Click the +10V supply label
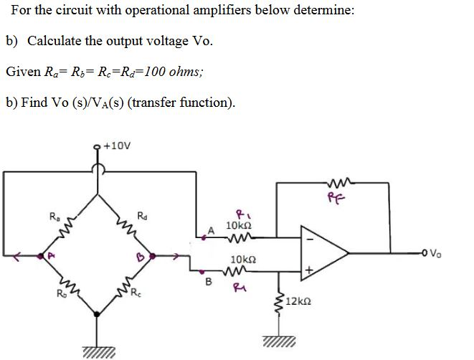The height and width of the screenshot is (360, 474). [x=118, y=144]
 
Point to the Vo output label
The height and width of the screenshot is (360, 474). [x=438, y=252]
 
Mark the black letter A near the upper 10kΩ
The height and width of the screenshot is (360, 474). [x=211, y=229]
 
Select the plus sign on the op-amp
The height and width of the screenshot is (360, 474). [x=310, y=268]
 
